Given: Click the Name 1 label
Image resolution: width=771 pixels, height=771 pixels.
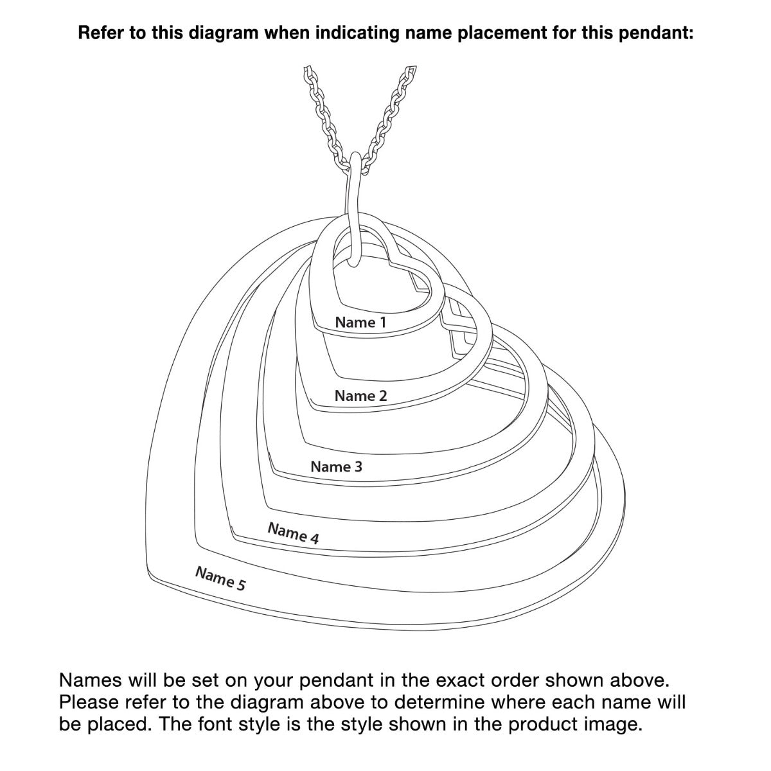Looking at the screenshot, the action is pos(360,323).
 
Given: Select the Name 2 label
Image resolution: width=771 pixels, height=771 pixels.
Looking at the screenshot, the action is pos(360,396).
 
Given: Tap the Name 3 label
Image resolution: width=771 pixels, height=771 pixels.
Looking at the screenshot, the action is pos(336,466).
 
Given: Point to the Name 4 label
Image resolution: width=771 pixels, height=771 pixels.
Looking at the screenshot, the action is pos(293,533).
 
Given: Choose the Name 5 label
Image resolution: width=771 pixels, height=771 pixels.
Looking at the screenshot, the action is pos(220,578).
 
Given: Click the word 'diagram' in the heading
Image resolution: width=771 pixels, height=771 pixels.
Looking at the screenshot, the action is pos(223,33).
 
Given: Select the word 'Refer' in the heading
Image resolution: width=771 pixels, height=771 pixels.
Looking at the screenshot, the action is pos(100,33).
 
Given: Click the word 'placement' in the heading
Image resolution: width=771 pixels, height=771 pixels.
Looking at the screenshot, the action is pos(502,33).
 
